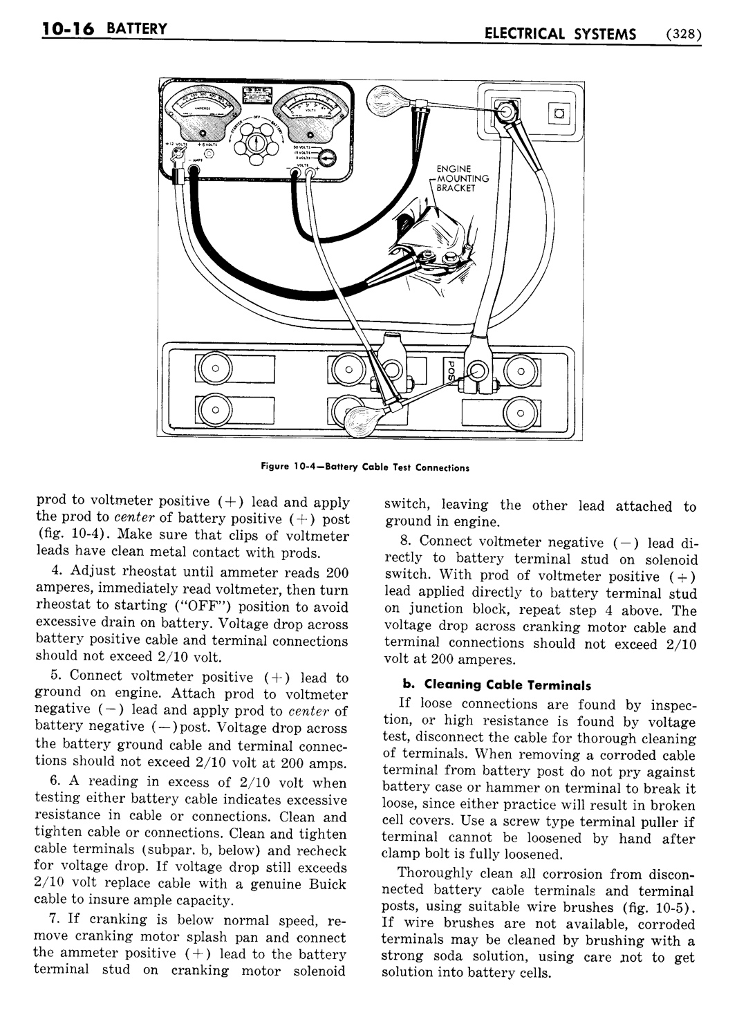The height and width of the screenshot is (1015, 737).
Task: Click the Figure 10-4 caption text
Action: tap(364, 467)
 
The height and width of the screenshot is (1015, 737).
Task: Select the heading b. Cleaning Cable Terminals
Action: tap(497, 685)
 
